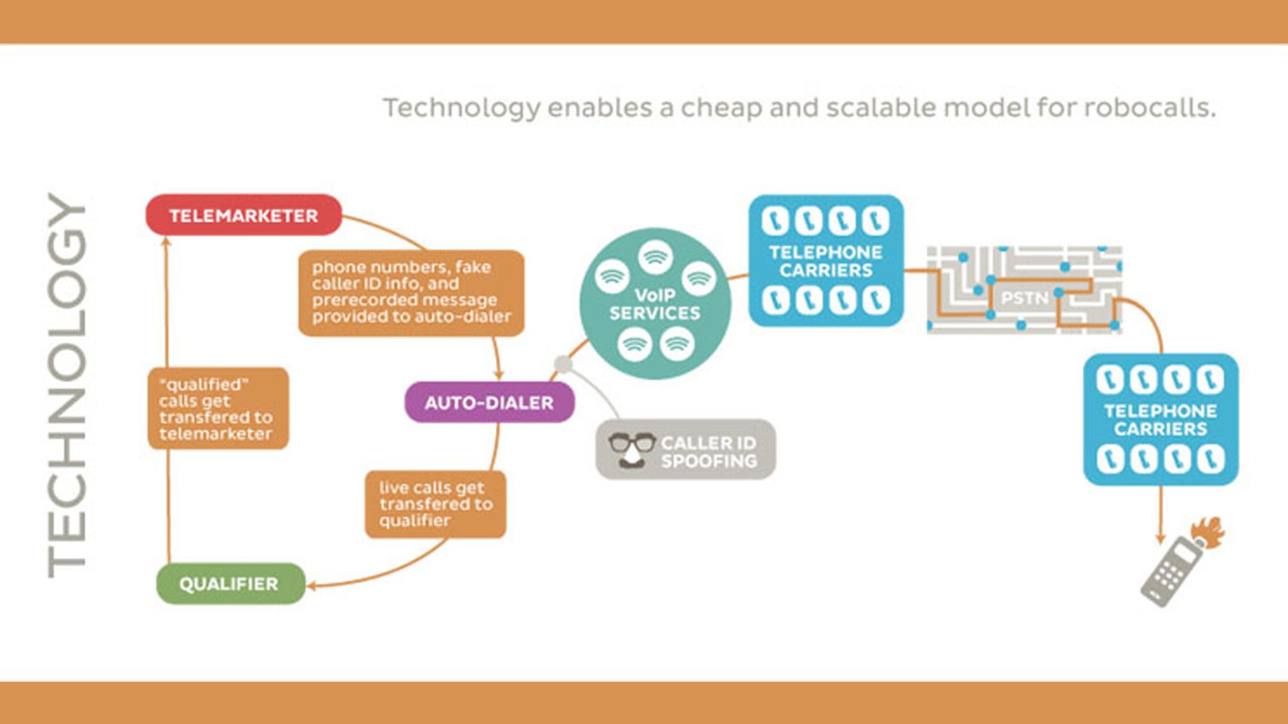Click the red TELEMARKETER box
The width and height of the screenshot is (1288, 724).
(x=244, y=215)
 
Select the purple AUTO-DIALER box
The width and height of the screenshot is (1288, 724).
(x=489, y=402)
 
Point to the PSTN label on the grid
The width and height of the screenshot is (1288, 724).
(x=1024, y=298)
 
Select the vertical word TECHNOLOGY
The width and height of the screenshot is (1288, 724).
(x=66, y=385)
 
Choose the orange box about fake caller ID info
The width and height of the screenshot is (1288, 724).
(x=411, y=292)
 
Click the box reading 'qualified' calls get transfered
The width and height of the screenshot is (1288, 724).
(x=218, y=408)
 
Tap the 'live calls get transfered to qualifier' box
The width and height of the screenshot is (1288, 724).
(x=435, y=504)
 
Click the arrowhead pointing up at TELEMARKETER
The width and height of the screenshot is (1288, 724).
(x=166, y=241)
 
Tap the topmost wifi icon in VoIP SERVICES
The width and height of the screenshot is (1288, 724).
(x=655, y=257)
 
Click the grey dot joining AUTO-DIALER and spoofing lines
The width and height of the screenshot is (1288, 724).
(x=563, y=364)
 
